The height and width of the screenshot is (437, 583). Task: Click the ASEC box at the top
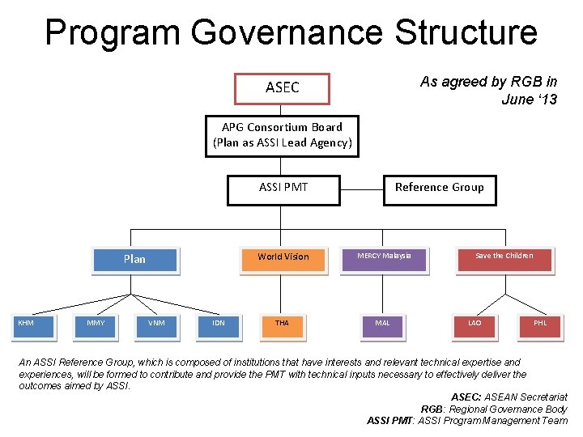pos(282,88)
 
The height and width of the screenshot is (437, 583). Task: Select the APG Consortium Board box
pos(282,135)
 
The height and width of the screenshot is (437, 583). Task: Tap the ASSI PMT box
pos(283,188)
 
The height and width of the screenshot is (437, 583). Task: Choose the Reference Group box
pos(439,188)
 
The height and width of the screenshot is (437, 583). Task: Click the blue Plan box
pos(134,259)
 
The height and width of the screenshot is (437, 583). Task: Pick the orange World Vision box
pos(283,257)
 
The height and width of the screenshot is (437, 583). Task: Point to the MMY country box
pos(96,324)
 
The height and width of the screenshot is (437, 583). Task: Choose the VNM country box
pos(156,324)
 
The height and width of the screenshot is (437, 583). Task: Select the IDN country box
pos(219,324)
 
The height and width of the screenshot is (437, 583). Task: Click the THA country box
pos(282,324)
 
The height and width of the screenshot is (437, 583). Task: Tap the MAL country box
pos(382,324)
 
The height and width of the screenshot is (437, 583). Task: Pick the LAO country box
pos(474,324)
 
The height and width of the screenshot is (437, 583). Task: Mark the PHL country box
pos(540,324)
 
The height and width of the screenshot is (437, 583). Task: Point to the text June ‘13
pos(529,100)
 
